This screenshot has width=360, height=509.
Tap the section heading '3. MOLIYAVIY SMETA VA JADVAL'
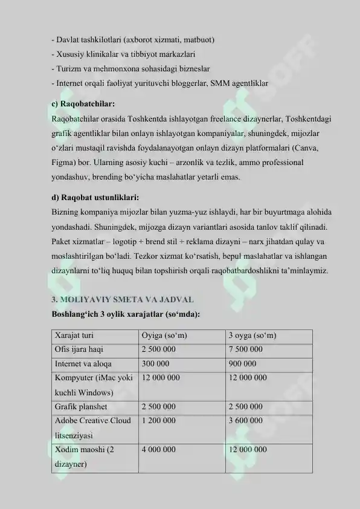coord(122,300)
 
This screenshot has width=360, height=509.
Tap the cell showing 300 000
coord(155,364)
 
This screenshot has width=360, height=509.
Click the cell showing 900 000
coord(242,364)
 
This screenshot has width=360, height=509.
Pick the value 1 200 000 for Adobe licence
coord(158,421)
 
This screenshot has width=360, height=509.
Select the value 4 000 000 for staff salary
coord(158,450)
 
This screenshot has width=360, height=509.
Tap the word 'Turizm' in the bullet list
coord(68,69)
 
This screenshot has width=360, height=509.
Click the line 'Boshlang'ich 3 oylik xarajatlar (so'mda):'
coord(126,314)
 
